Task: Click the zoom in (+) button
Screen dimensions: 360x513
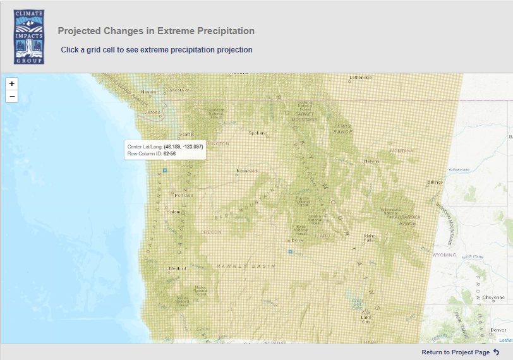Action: click(12, 83)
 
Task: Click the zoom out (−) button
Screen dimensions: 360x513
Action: click(12, 97)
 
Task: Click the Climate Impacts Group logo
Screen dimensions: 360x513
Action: click(29, 37)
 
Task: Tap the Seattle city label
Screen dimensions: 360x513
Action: click(186, 135)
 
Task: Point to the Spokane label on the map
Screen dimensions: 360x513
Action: click(257, 133)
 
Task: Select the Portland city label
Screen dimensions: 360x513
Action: click(184, 195)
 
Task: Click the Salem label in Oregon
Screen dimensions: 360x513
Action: click(174, 212)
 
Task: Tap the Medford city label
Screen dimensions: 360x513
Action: click(177, 268)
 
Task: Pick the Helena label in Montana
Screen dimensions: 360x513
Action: click(371, 161)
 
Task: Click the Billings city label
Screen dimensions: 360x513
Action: click(435, 182)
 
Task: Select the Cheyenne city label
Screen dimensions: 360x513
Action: click(493, 297)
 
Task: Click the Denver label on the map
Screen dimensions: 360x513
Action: click(498, 330)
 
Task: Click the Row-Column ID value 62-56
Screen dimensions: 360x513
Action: click(169, 153)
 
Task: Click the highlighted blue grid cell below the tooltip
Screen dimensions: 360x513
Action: click(165, 171)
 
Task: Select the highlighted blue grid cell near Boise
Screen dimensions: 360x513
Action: click(290, 251)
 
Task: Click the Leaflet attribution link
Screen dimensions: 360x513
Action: click(505, 340)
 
